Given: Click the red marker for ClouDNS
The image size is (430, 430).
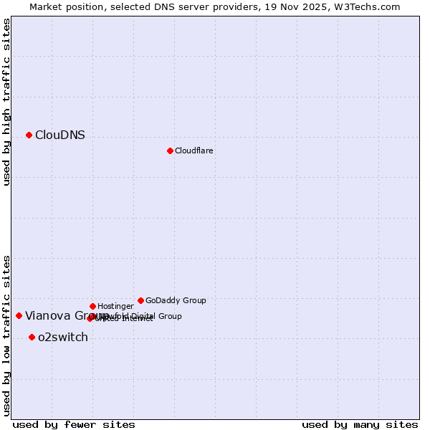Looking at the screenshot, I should pos(29,135).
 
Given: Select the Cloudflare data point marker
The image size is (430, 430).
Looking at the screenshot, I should pos(170,150).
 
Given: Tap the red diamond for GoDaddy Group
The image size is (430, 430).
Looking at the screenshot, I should pos(140,300).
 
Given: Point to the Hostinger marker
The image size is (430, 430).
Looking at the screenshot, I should pos(92,306).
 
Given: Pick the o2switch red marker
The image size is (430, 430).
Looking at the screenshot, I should pos(32,337).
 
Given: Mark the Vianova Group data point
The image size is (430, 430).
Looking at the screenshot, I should pos(19,315).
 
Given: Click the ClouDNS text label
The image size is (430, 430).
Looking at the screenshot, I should pos(60,135).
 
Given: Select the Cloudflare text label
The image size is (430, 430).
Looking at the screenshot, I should pos(194,150).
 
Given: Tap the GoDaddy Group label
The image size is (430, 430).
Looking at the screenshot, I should pos(176,301).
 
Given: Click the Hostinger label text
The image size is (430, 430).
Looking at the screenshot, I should pos(115,307).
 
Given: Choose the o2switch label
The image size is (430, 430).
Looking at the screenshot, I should pos(63,338).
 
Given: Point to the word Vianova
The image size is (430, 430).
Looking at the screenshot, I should pos(47,315).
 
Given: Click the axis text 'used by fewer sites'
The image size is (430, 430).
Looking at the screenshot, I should pos(74,424).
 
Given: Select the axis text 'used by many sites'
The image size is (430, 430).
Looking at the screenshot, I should pos(360,424).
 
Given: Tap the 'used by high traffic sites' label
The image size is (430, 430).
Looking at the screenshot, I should pos(7,102).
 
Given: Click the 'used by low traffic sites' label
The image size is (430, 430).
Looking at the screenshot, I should pos(7,335).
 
